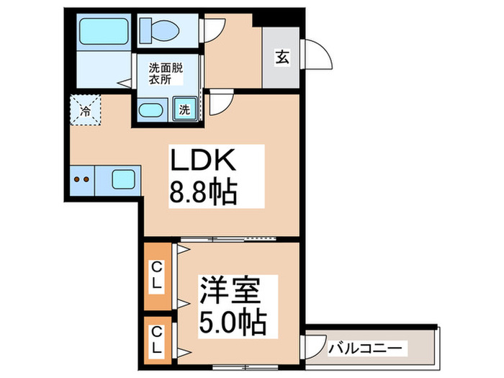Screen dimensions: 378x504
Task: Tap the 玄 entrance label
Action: point(282,58)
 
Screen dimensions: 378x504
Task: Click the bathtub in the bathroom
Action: point(102,30)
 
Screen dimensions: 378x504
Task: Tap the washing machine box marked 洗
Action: point(184,110)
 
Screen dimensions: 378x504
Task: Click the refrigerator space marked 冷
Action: point(85,111)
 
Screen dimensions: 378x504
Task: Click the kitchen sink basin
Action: point(122,179)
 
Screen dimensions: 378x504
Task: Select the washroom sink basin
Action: point(150,110)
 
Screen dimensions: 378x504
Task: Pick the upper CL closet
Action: point(156,276)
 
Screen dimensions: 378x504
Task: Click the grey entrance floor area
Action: point(282,69)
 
